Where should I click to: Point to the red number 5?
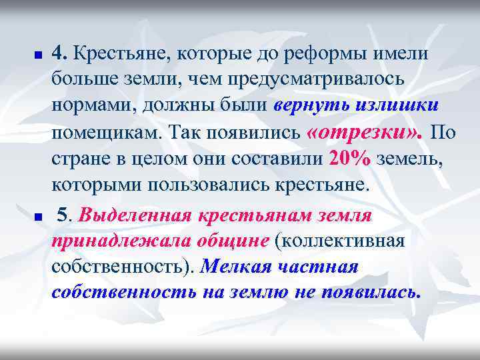pos(64,215)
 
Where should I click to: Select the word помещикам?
pos(105,133)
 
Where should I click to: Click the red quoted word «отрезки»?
pos(346,132)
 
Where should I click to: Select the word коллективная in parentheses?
pos(348,241)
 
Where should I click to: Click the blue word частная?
pos(317,267)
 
